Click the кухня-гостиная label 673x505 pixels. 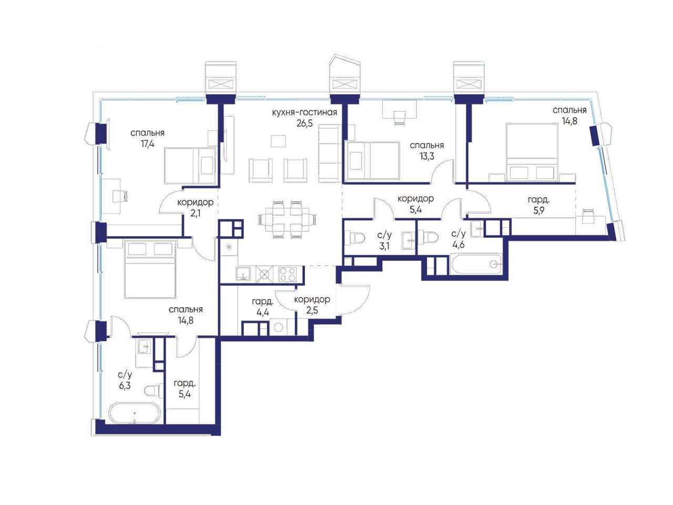click(x=304, y=113)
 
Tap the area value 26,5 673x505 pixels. click(x=304, y=123)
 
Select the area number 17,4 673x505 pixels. click(x=147, y=144)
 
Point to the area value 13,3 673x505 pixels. click(x=427, y=156)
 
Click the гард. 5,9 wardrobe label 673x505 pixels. click(x=538, y=206)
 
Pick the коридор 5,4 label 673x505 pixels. click(x=415, y=204)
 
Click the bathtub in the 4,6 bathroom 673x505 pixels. click(x=476, y=264)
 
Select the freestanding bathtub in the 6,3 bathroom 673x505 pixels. click(x=134, y=413)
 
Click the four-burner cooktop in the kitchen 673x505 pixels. click(x=287, y=274)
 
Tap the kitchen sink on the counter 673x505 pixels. click(x=243, y=274)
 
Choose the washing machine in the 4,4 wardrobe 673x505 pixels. click(x=278, y=327)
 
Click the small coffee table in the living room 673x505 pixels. click(x=278, y=141)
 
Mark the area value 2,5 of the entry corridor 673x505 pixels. click(x=312, y=310)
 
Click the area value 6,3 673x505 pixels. click(x=125, y=386)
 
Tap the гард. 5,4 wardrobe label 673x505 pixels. click(x=185, y=388)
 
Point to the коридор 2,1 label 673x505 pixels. click(x=195, y=208)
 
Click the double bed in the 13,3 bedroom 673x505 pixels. click(x=373, y=160)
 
